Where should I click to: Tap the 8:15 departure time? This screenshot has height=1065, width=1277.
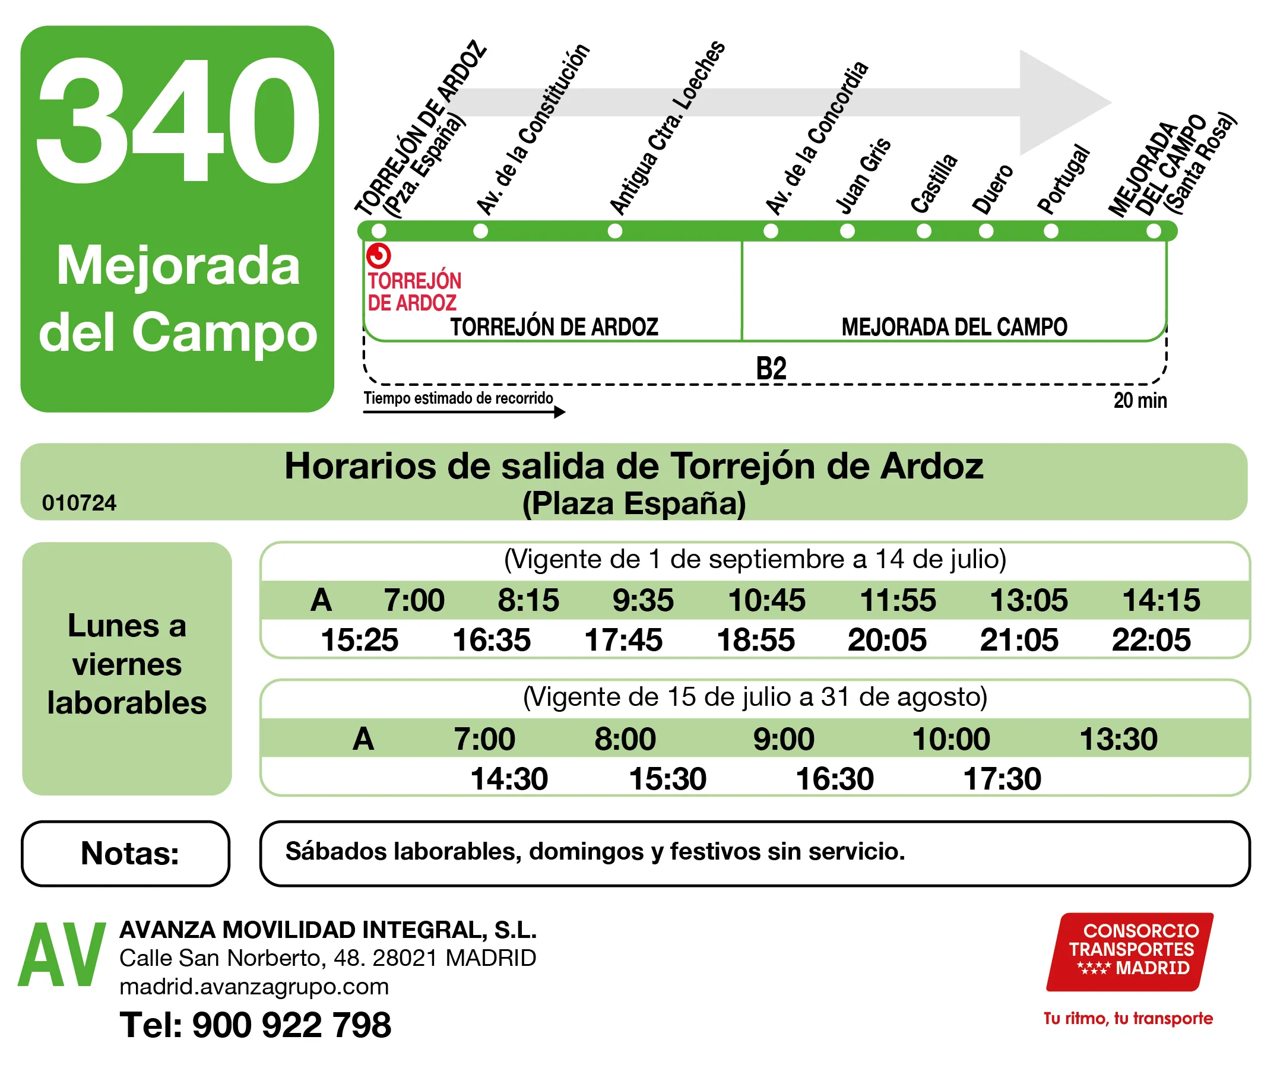[x=528, y=600]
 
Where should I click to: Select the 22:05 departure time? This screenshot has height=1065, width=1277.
[x=1151, y=640]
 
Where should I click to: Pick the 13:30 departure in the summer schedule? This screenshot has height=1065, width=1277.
[x=1118, y=739]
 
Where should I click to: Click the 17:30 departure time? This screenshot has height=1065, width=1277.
[x=1002, y=778]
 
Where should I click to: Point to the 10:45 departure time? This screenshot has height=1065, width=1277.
[x=766, y=600]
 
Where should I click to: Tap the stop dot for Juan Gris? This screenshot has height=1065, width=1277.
[x=847, y=231]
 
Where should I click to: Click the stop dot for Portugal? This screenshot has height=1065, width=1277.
[x=1051, y=231]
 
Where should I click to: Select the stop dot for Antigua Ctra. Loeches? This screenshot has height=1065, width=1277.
[x=615, y=231]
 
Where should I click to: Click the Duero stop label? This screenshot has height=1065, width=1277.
[x=993, y=189]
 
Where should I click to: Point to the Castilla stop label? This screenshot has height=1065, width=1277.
[x=934, y=183]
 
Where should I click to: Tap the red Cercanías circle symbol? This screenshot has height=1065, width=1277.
[x=378, y=255]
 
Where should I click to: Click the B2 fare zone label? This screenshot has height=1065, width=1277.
[x=771, y=369]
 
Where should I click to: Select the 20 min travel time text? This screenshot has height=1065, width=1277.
[x=1140, y=401]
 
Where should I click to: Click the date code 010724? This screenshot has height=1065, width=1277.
[x=79, y=503]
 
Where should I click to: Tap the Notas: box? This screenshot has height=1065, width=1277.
[x=126, y=853]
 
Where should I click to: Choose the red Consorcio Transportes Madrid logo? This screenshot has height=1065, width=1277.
[x=1129, y=952]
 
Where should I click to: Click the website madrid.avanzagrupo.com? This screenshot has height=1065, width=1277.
[x=254, y=987]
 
